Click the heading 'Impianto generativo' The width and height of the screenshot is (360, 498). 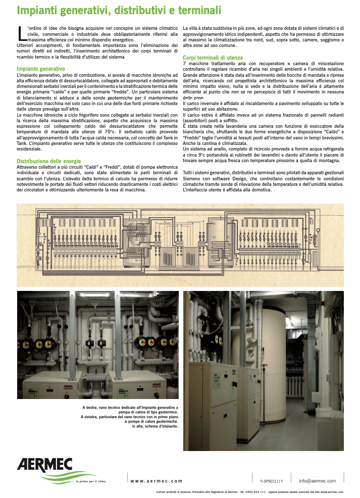click(41, 69)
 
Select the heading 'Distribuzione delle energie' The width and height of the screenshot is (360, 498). click(49, 161)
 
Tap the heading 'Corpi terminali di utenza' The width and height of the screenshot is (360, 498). click(213, 58)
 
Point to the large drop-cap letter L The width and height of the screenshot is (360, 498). click(21, 33)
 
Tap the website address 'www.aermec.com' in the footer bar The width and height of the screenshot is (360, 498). click(157, 481)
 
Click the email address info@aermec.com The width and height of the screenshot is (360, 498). click(317, 481)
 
